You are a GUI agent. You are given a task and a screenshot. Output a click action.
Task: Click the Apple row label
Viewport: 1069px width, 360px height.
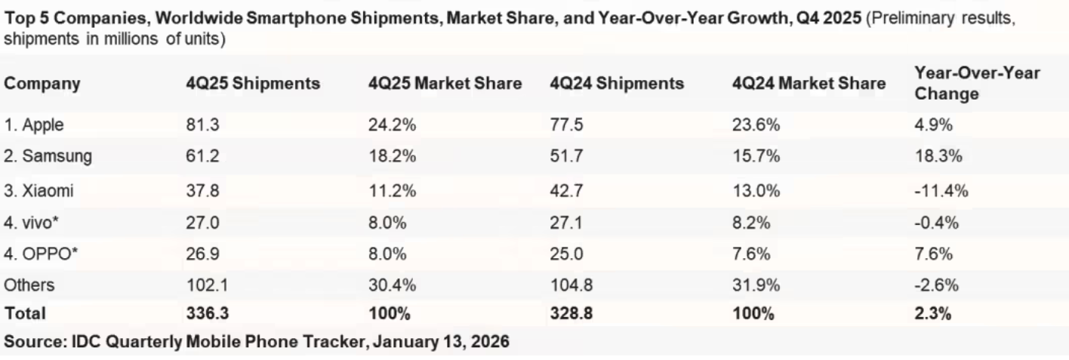click(34, 125)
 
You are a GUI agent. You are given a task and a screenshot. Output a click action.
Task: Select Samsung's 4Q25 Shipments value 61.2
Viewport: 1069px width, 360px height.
click(202, 157)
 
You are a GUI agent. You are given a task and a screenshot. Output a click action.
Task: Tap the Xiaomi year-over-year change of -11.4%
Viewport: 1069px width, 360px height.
click(941, 190)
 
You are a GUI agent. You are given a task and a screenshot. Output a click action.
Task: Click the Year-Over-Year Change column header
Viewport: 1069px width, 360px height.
click(976, 84)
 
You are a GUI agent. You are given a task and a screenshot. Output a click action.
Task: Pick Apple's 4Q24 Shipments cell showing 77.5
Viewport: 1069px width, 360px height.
click(566, 125)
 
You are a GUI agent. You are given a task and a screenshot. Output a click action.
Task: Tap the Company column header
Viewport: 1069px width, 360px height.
click(43, 84)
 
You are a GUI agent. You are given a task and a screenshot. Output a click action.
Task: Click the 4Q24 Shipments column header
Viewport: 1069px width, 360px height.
click(617, 84)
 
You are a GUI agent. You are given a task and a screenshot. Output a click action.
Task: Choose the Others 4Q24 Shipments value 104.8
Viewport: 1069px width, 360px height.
click(570, 286)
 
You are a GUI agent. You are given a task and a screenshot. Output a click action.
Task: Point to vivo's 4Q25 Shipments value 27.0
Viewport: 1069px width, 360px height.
click(202, 223)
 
